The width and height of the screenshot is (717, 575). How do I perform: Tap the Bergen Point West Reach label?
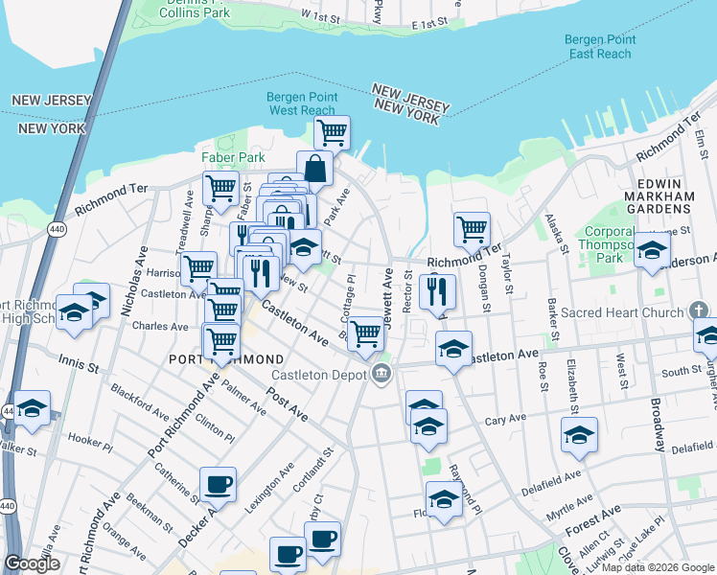click(302, 103)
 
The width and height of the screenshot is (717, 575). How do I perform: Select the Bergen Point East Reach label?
click(600, 47)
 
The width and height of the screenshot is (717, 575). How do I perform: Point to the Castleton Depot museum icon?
click(382, 374)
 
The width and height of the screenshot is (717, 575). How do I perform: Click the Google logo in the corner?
click(32, 563)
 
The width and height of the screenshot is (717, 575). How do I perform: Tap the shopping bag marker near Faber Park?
click(314, 168)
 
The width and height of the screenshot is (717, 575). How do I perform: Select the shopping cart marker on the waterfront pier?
click(332, 132)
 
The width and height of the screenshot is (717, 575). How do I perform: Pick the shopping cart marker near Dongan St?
click(472, 229)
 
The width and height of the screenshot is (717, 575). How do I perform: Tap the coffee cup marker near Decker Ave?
click(219, 484)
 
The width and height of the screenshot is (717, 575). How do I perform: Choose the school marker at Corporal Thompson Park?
click(652, 251)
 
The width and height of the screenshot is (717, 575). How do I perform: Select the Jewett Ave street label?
click(387, 289)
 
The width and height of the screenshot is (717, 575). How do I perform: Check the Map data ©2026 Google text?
click(657, 567)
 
